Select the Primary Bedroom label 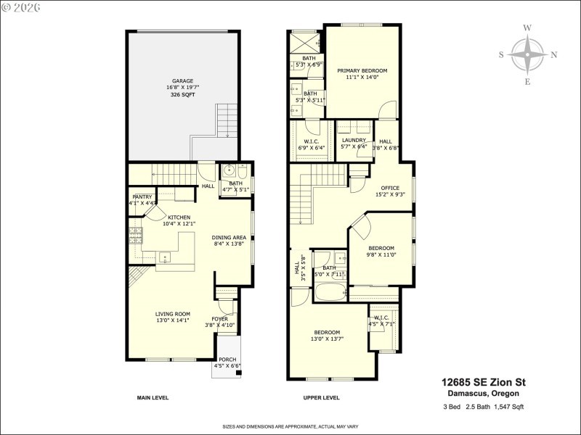click(x=362, y=71)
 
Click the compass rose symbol click(x=527, y=55)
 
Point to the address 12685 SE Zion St click(x=484, y=382)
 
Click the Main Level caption click(x=153, y=398)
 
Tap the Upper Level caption click(x=321, y=398)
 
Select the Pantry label click(x=142, y=196)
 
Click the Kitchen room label click(x=179, y=217)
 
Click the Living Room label click(x=172, y=314)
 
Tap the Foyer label click(x=219, y=319)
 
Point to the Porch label click(x=227, y=360)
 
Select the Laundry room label click(x=354, y=141)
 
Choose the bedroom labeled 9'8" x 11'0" click(x=381, y=248)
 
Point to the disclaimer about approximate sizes click(x=290, y=426)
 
